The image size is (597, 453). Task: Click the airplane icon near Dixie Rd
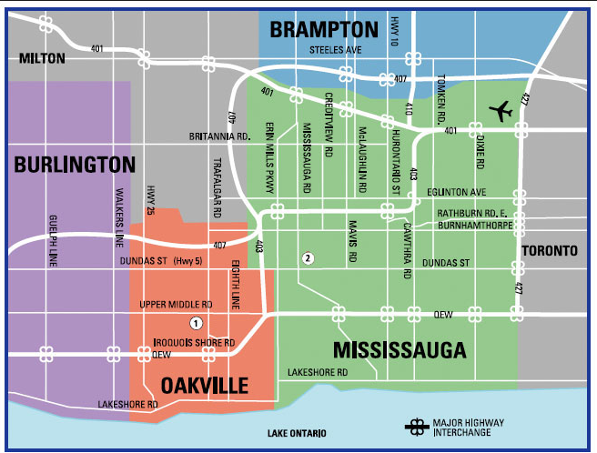coord(501,111)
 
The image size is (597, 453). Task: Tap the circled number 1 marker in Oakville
coord(195,323)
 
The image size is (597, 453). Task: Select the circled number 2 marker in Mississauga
coord(309,258)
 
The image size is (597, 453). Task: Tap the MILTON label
coord(42,58)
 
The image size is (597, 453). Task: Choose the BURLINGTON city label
coord(75,165)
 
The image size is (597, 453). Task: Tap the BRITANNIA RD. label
coord(219,136)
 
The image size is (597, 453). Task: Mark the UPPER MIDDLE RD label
coord(177,304)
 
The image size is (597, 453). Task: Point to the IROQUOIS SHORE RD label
coord(187,343)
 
